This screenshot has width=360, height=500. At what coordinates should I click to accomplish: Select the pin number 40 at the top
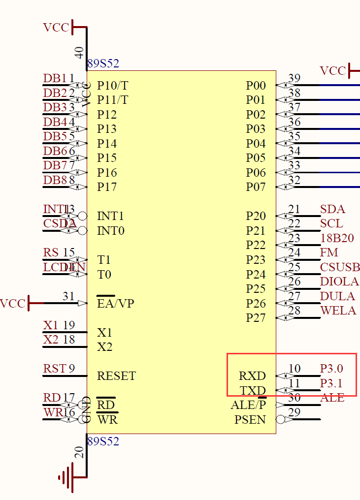[79, 53]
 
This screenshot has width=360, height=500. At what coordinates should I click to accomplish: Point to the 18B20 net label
[337, 239]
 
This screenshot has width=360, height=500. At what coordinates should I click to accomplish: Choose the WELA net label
[338, 311]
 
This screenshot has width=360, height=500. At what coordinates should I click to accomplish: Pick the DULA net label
[337, 296]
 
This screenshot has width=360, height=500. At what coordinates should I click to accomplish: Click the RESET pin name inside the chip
[116, 376]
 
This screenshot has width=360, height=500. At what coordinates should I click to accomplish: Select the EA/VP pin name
[115, 304]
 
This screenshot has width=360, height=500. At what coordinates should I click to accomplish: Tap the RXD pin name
[252, 376]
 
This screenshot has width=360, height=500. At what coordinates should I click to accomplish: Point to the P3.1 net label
[331, 383]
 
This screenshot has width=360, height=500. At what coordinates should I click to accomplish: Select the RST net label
[54, 369]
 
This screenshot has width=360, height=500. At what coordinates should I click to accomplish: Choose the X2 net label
[51, 340]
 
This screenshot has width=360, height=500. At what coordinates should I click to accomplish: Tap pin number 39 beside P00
[294, 78]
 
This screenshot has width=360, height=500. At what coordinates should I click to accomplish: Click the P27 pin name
[256, 318]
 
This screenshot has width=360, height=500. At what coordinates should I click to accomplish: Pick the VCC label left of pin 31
[13, 304]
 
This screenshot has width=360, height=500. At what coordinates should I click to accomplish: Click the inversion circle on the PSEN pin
[281, 420]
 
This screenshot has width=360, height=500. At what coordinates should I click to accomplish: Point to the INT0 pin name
[110, 231]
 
